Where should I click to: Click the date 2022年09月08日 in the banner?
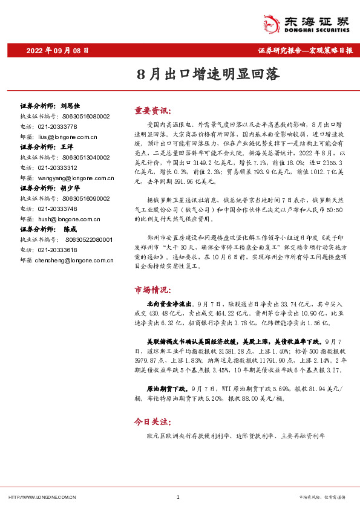tap(58, 51)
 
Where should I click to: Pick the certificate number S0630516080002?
tap(78, 116)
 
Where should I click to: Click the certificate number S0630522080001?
tap(78, 239)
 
